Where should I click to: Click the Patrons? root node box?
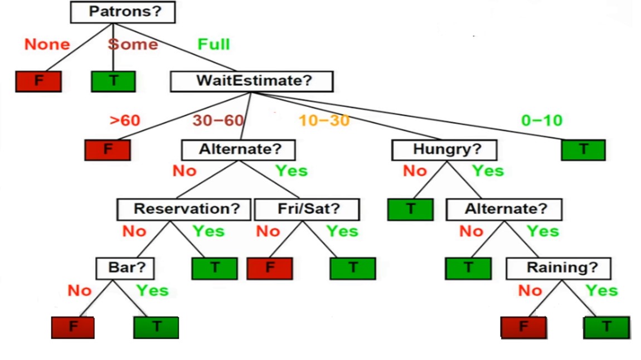[123, 12]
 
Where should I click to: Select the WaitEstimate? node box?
[251, 81]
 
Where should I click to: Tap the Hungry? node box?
[444, 150]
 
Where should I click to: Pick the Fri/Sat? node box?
[307, 210]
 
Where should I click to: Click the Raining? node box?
[558, 268]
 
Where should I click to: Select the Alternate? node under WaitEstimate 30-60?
[239, 150]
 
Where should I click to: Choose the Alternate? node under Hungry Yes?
[504, 210]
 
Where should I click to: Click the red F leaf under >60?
[107, 150]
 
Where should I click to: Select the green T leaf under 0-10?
[583, 150]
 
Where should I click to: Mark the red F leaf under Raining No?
[523, 327]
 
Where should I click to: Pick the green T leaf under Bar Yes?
[156, 327]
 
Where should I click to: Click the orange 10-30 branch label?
[324, 120]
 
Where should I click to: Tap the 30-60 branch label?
[218, 120]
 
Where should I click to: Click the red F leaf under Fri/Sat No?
[270, 268]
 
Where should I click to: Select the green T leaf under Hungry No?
[410, 210]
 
